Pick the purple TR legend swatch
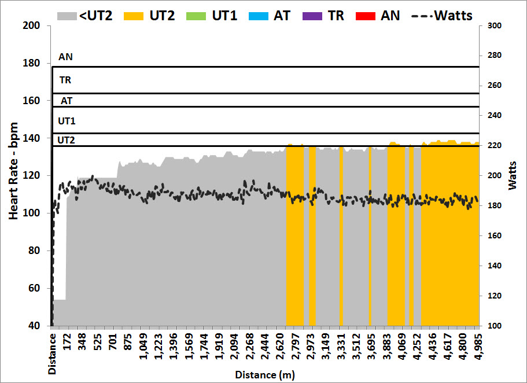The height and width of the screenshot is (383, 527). pyautogui.click(x=312, y=16)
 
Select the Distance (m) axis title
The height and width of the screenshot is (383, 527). pyautogui.click(x=265, y=375)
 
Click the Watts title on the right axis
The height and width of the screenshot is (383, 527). pyautogui.click(x=514, y=176)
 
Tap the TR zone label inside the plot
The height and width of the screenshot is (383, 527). pyautogui.click(x=65, y=80)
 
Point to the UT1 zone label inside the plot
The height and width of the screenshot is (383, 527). pyautogui.click(x=67, y=121)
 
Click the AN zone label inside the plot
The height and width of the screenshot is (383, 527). pyautogui.click(x=66, y=57)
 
